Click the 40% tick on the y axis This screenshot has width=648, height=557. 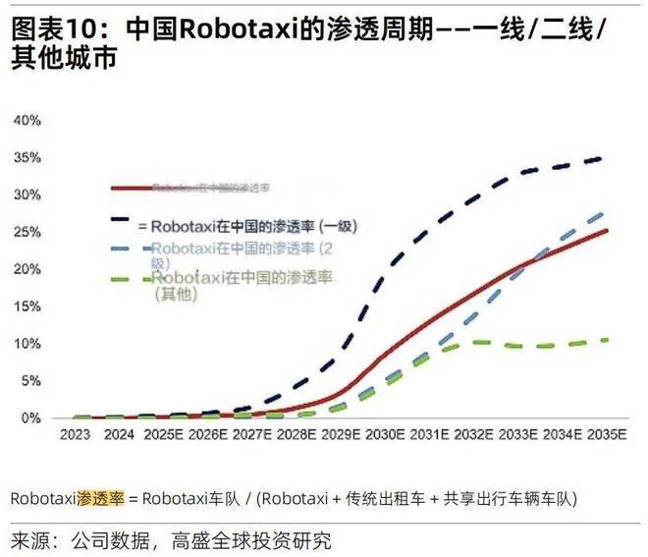27,120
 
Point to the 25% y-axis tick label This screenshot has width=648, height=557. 27,232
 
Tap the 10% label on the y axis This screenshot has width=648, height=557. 27,343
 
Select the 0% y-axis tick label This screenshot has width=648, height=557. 31,418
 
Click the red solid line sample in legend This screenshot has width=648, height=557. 132,187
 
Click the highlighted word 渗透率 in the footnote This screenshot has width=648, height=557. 100,498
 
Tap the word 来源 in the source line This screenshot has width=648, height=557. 31,541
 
